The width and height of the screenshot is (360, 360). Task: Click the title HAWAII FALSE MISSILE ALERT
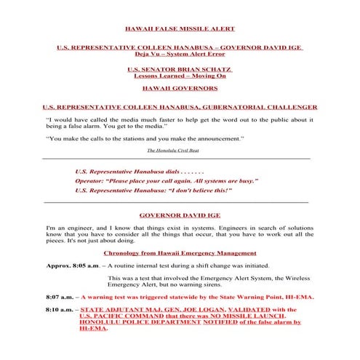pos(180,29)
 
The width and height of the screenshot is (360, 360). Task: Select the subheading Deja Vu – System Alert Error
pos(180,55)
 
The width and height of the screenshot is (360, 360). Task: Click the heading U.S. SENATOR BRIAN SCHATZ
pos(180,69)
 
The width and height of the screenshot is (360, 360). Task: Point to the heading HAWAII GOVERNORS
pos(180,89)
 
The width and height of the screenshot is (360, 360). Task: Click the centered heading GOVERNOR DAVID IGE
pos(180,215)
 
